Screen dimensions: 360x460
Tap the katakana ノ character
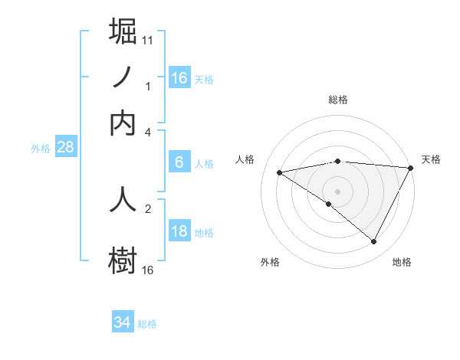click(x=123, y=77)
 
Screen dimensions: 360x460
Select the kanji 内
click(x=123, y=123)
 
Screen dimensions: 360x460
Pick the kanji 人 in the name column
click(x=123, y=198)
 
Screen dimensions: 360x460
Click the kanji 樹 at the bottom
click(x=123, y=259)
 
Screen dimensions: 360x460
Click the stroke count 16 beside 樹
click(x=148, y=270)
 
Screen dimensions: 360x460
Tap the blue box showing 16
click(x=179, y=77)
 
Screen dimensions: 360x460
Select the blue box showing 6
click(x=179, y=162)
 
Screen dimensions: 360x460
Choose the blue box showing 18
click(x=179, y=231)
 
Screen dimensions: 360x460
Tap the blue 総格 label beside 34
click(x=147, y=324)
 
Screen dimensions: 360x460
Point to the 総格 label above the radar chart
click(x=338, y=100)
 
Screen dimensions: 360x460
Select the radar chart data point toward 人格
click(x=279, y=172)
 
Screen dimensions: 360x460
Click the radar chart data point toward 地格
click(x=374, y=242)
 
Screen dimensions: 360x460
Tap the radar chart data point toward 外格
click(x=329, y=204)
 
